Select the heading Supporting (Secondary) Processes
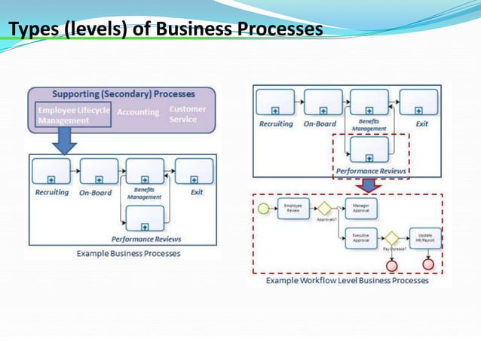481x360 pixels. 123,95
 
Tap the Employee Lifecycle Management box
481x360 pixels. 74,115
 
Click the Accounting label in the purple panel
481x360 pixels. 138,113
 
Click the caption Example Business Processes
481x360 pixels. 128,254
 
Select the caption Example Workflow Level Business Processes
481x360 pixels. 348,280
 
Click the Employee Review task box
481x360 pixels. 293,208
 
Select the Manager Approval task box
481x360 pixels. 360,208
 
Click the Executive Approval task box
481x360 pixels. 360,238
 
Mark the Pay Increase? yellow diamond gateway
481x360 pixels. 391,238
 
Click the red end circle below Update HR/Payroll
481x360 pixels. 428,264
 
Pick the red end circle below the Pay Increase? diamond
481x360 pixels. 391,264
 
